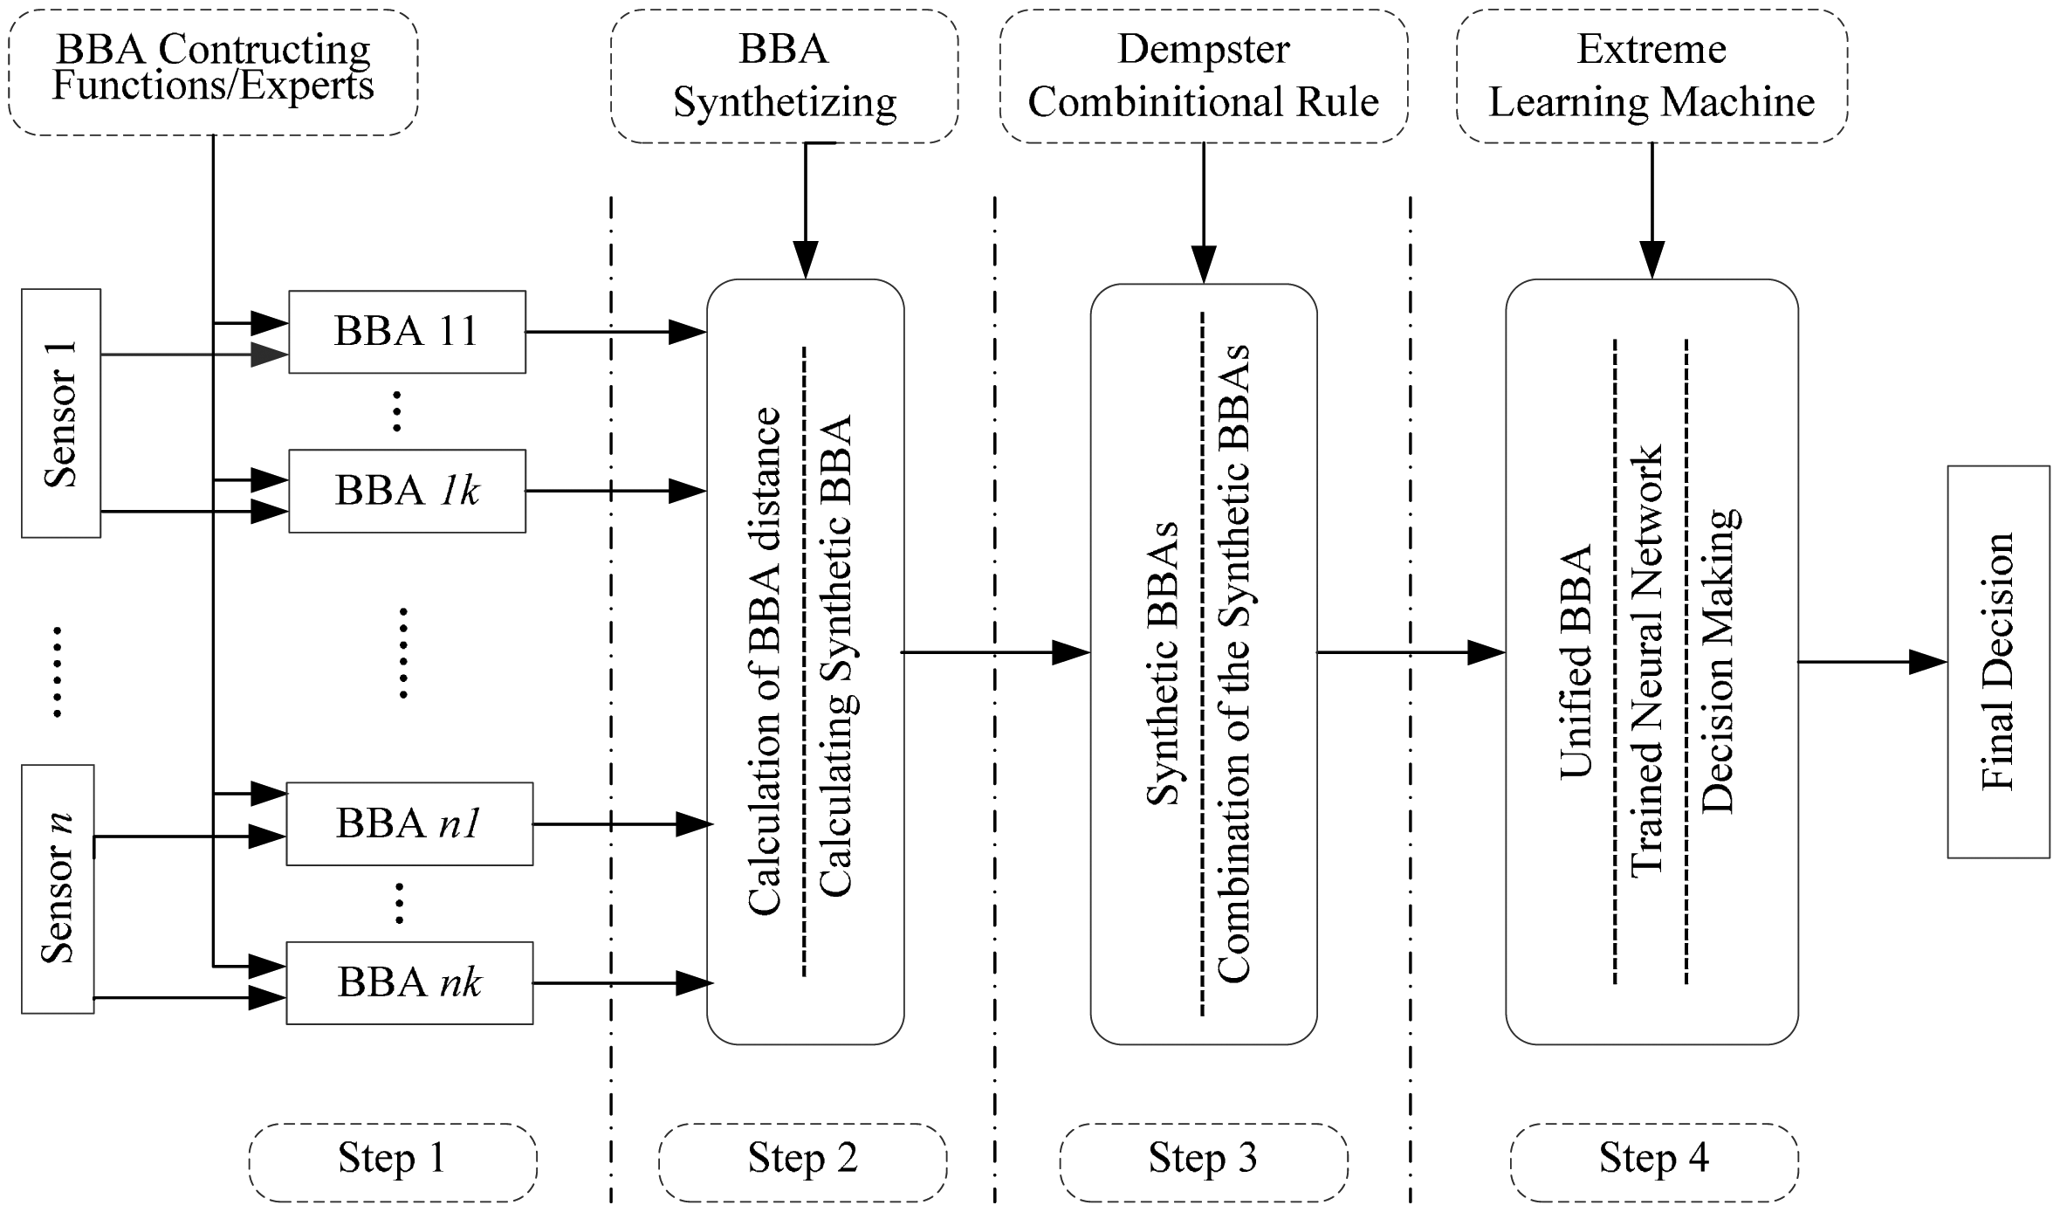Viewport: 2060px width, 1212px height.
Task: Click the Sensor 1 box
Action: (61, 413)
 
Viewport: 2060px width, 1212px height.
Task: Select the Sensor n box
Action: (58, 889)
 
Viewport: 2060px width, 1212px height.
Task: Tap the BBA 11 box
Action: (408, 332)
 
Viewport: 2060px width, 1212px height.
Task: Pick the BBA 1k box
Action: (408, 491)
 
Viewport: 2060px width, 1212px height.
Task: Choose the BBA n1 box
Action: (410, 823)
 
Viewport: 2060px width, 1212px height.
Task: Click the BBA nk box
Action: (410, 982)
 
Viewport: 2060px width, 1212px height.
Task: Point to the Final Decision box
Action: (1999, 662)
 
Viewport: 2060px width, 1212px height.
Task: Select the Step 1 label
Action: (393, 1162)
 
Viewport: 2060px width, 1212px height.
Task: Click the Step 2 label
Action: (803, 1162)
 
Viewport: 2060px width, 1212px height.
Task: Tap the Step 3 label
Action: (1204, 1162)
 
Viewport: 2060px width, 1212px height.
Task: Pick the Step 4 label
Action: (1654, 1162)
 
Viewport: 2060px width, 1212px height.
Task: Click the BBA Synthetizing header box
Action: (785, 76)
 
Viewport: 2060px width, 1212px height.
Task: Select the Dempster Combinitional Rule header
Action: (1204, 76)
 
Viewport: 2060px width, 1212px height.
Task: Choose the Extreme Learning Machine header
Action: (1652, 76)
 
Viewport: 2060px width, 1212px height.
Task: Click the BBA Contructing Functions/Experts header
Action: (213, 72)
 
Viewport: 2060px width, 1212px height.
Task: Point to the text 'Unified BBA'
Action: (1576, 662)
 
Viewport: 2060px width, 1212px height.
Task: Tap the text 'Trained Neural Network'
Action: (1647, 662)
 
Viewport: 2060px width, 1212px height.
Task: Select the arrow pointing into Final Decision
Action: (1873, 662)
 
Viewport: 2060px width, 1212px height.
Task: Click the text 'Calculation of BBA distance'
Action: (765, 662)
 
